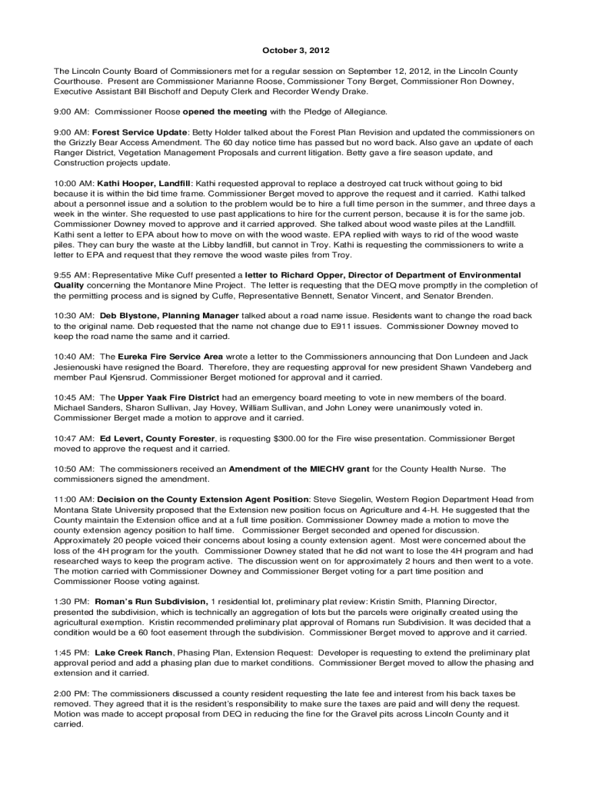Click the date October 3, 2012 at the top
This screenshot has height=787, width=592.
click(296, 51)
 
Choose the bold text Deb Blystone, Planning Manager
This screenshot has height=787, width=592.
click(169, 316)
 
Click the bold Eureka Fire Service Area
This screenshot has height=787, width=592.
click(171, 357)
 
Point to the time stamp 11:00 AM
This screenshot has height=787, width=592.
click(73, 500)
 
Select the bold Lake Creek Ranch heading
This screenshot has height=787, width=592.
click(134, 653)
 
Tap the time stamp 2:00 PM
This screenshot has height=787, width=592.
click(72, 693)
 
